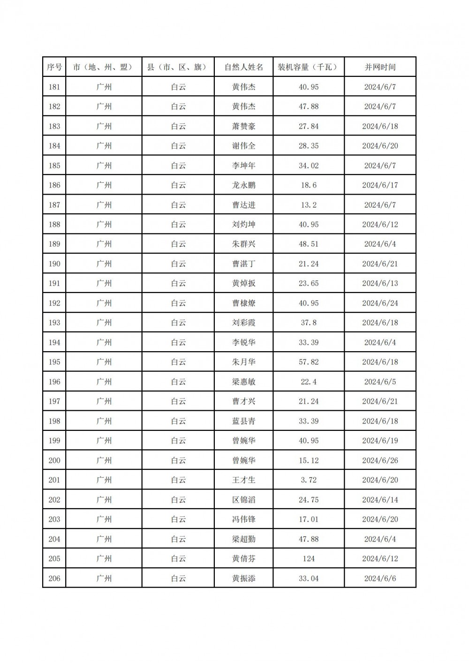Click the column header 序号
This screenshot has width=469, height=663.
click(54, 67)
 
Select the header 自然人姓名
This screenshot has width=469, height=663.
click(244, 67)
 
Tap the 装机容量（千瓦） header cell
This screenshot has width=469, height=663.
click(308, 67)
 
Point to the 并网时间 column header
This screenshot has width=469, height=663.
click(380, 67)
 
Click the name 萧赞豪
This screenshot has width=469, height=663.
click(244, 126)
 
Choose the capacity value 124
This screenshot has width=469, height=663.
click(308, 558)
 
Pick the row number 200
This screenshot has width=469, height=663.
click(54, 460)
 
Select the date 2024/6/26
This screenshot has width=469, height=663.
click(380, 460)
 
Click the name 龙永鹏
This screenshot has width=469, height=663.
click(244, 185)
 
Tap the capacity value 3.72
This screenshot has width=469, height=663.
click(308, 480)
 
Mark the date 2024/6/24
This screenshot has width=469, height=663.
click(380, 303)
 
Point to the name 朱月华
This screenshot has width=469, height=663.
click(244, 362)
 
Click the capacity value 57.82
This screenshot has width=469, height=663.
click(308, 362)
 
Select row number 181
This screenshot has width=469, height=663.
click(54, 87)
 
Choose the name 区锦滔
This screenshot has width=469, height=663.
click(244, 500)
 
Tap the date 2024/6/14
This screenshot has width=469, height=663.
click(380, 500)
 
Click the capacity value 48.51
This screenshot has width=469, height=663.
click(308, 244)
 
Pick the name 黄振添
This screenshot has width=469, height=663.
click(244, 578)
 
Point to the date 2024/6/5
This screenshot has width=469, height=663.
click(380, 382)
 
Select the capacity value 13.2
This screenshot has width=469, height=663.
click(308, 205)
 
